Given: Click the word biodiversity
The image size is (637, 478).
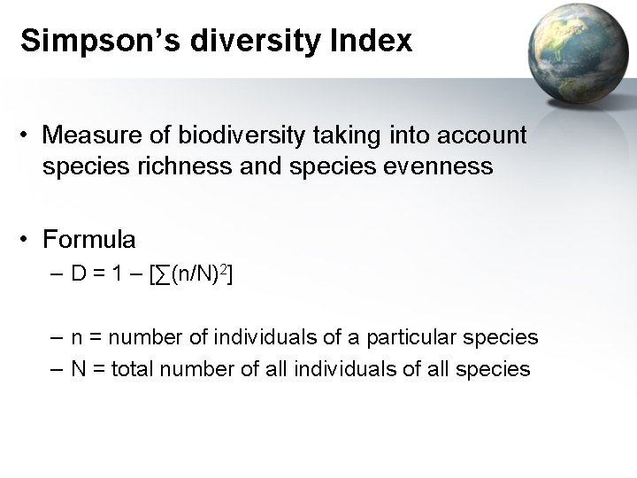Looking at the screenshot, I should point(228,135).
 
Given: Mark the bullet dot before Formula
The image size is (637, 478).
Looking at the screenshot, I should point(29,240).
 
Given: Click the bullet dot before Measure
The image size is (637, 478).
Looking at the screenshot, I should point(29,136).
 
